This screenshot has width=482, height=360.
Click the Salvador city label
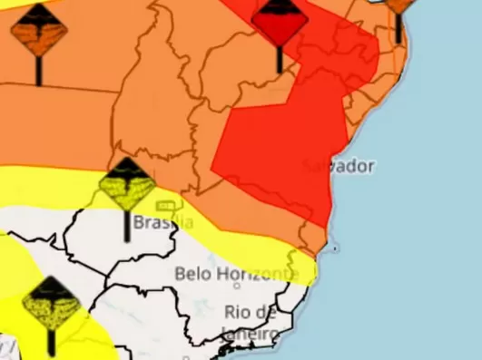click(x=338, y=167)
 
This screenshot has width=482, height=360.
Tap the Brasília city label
click(x=163, y=221)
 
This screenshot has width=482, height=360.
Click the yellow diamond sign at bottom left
click(x=52, y=304)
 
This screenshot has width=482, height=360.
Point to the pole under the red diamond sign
click(x=279, y=58)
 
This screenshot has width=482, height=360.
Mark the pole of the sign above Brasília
click(x=126, y=227)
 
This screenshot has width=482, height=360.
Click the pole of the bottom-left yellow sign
click(x=52, y=343)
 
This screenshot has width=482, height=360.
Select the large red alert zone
click(x=281, y=145)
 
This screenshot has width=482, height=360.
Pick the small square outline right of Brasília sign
click(x=165, y=206)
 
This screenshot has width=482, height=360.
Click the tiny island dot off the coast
click(x=335, y=247)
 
